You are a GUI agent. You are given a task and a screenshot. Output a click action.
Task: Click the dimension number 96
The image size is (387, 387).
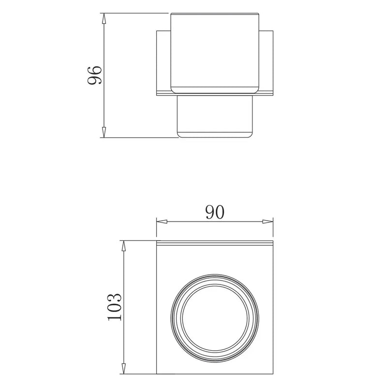click(x=94, y=75)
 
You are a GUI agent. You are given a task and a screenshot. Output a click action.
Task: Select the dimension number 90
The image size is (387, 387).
click(x=215, y=212)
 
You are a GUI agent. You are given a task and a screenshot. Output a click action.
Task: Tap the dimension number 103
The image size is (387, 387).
click(x=115, y=307)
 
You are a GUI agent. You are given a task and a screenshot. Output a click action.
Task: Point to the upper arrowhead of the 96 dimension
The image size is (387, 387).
click(x=104, y=18)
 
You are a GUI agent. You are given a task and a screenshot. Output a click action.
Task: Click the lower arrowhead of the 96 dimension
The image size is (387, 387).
click(x=104, y=132)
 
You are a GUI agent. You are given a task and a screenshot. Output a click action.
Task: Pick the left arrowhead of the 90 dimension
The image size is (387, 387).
click(x=162, y=222)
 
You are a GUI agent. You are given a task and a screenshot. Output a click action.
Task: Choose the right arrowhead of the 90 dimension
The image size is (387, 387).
click(x=268, y=222)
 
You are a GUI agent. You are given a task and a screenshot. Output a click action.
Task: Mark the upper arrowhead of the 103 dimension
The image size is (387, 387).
click(x=124, y=246)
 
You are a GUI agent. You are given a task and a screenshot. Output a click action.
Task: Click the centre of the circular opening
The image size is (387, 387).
click(x=215, y=318)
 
